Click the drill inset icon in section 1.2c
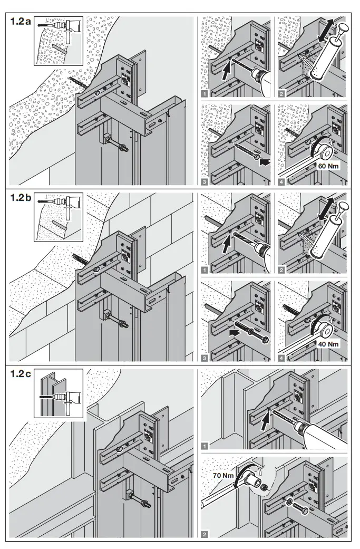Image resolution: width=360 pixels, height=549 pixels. click(x=59, y=393)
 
